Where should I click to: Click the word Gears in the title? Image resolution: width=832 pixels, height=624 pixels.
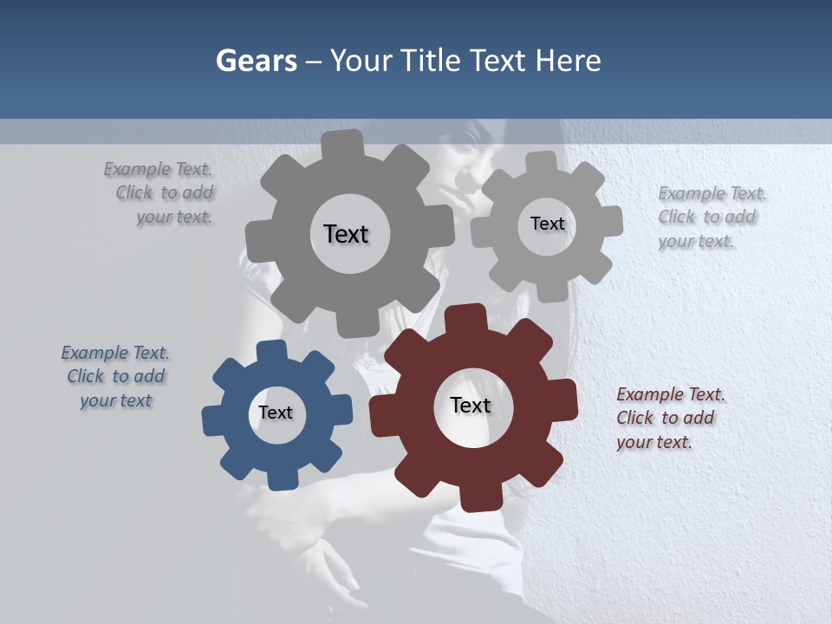click(x=256, y=61)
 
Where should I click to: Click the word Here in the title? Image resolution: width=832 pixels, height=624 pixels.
click(x=568, y=61)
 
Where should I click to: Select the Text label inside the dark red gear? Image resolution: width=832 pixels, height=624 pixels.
click(x=471, y=406)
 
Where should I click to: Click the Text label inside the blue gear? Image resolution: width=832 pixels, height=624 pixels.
click(x=276, y=413)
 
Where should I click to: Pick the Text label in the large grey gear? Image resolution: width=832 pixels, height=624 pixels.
click(x=346, y=234)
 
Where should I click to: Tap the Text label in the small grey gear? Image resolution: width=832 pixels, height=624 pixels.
click(x=547, y=224)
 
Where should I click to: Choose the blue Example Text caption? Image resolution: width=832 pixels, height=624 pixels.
click(x=115, y=377)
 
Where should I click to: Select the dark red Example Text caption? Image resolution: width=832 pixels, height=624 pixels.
click(x=669, y=418)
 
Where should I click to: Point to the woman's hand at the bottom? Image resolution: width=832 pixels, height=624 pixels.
click(x=334, y=568)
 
